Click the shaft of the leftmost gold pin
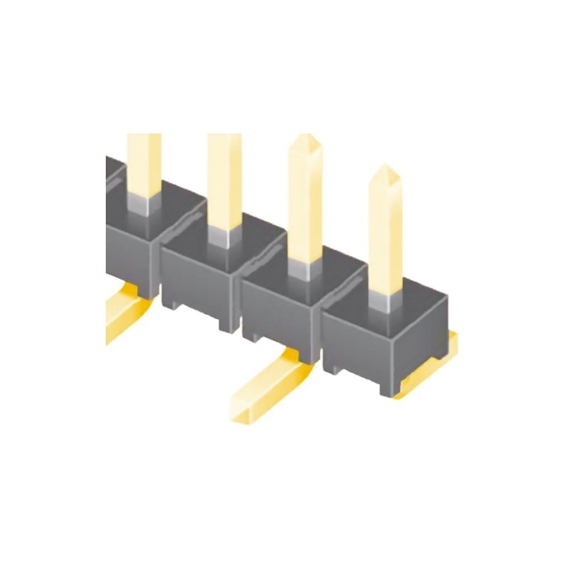click(143, 163)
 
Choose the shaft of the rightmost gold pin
click(386, 234)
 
